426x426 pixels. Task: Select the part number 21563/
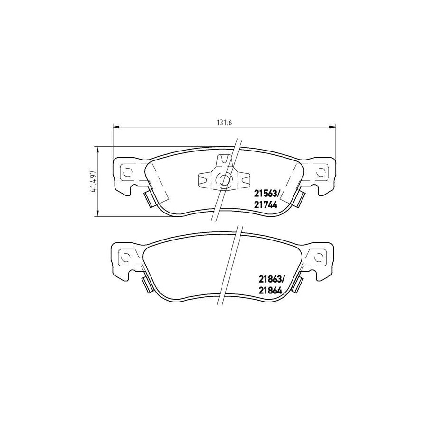pos(267,192)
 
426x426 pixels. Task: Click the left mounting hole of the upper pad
pos(127,171)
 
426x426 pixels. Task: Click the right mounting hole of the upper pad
pos(321,171)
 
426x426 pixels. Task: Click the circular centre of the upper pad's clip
pos(224,179)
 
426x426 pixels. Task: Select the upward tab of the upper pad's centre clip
pos(220,161)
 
